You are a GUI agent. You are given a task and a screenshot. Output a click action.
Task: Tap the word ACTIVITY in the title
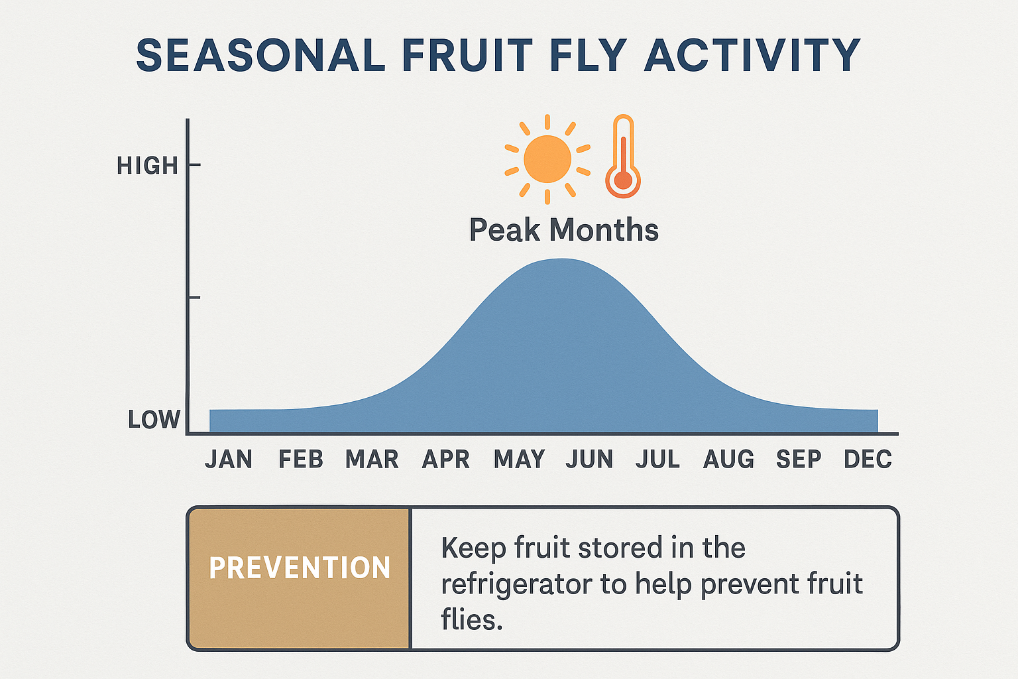click(x=752, y=56)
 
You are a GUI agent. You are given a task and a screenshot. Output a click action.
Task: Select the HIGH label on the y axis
click(x=147, y=166)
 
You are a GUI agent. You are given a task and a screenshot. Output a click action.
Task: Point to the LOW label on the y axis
click(x=154, y=420)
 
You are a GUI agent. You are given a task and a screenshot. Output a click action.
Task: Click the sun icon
click(x=547, y=159)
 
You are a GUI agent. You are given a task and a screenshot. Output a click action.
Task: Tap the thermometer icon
click(x=623, y=157)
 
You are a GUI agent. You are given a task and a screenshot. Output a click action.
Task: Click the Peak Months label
click(x=563, y=230)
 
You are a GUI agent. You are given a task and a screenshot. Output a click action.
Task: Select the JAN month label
click(x=229, y=460)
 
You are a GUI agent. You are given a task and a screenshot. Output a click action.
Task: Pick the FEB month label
click(x=300, y=460)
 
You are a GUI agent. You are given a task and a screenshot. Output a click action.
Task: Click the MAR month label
click(x=372, y=460)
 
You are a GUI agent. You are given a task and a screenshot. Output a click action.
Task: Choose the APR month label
click(x=445, y=460)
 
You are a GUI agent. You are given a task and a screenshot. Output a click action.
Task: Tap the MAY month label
click(x=519, y=460)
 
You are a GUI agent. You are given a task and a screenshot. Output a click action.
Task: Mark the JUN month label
click(x=589, y=460)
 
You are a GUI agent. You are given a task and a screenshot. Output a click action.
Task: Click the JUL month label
click(x=657, y=460)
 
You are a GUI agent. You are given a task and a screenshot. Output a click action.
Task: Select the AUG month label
click(x=728, y=460)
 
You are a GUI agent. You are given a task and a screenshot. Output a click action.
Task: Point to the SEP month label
click(x=799, y=460)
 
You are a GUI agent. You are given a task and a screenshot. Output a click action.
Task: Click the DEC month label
click(x=868, y=460)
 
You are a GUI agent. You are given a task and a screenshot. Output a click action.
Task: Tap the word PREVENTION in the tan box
click(x=300, y=568)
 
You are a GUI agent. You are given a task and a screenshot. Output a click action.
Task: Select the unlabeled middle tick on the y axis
click(x=193, y=298)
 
